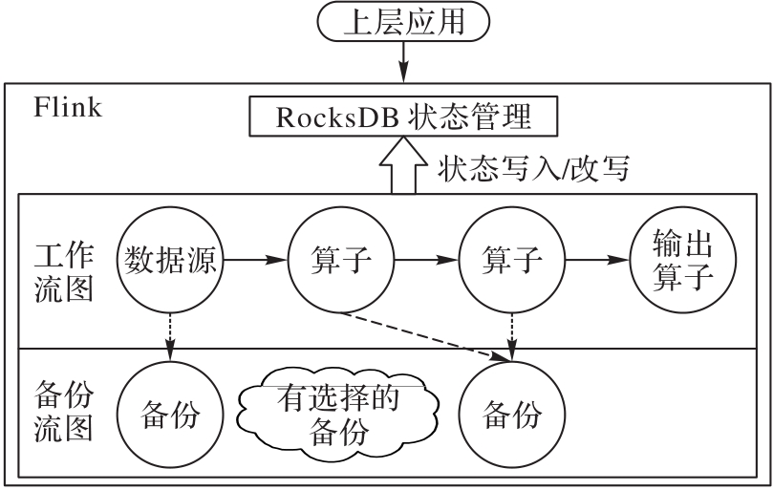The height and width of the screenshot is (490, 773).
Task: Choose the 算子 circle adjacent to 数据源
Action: pyautogui.click(x=341, y=258)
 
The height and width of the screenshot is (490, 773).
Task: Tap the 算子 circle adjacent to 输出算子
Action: pyautogui.click(x=512, y=258)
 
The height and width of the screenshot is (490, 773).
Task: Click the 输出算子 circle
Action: pyautogui.click(x=684, y=258)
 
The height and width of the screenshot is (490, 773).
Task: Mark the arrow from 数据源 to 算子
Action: pyautogui.click(x=254, y=258)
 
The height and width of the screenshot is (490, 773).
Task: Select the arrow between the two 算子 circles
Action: pyautogui.click(x=426, y=258)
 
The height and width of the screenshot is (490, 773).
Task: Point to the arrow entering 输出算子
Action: pyautogui.click(x=598, y=258)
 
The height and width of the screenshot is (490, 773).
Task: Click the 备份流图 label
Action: pyautogui.click(x=63, y=414)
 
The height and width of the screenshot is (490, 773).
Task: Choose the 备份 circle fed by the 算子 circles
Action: pyautogui.click(x=512, y=415)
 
